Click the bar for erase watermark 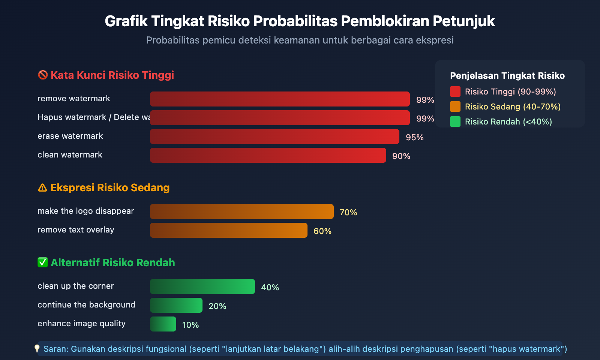click(274, 136)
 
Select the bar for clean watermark click(268, 155)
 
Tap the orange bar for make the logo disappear click(241, 211)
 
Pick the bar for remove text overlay click(228, 230)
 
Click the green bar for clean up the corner click(202, 286)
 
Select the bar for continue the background click(176, 305)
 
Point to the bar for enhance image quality click(163, 324)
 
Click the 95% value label click(414, 137)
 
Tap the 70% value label click(348, 212)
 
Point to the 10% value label click(190, 325)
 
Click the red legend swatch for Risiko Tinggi click(455, 91)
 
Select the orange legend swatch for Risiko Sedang click(455, 106)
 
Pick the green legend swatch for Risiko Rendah click(455, 121)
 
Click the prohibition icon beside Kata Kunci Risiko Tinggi click(43, 75)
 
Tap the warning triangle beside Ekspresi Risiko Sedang click(42, 187)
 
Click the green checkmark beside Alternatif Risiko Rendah click(42, 262)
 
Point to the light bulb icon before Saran click(37, 349)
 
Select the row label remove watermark click(74, 99)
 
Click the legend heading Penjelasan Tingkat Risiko click(507, 76)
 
